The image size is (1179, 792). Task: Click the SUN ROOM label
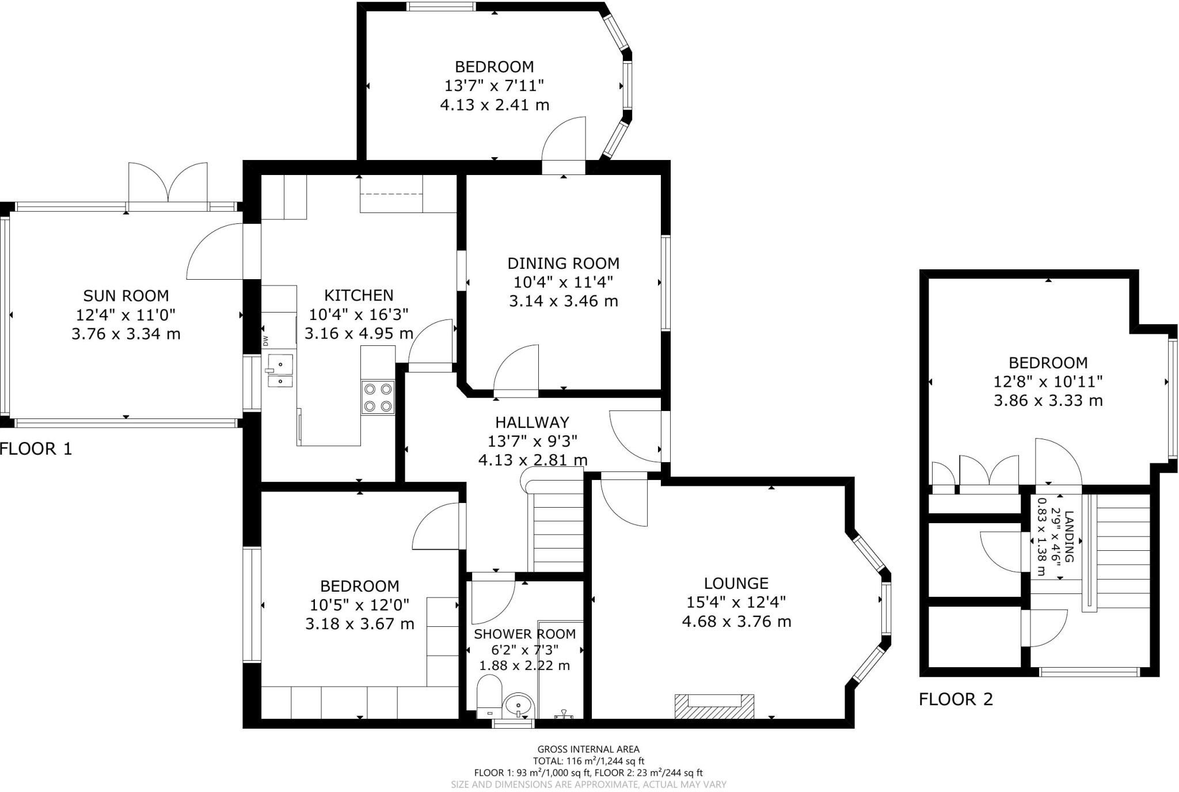tap(126, 296)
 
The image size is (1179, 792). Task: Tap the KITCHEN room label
tap(359, 295)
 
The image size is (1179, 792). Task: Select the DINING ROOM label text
tap(563, 264)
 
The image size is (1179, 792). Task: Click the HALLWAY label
tap(532, 422)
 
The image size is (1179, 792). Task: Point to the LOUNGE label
tap(736, 584)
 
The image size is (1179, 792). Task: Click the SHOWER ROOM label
tap(524, 634)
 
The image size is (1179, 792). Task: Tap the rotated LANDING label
tap(1069, 536)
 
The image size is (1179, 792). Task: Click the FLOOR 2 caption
tap(956, 700)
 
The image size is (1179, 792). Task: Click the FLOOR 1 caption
tap(36, 449)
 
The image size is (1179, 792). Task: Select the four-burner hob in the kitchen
tap(378, 397)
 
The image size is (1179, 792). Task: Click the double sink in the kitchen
tap(279, 372)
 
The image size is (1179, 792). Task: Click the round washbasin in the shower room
tap(519, 706)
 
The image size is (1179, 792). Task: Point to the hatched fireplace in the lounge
tap(714, 706)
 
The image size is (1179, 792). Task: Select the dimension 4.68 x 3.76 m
tap(736, 622)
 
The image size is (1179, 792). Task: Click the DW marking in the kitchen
tap(266, 341)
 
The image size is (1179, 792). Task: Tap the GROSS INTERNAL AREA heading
tap(588, 749)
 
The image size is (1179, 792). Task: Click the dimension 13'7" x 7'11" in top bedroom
tap(494, 86)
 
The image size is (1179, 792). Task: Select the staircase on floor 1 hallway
tap(557, 530)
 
